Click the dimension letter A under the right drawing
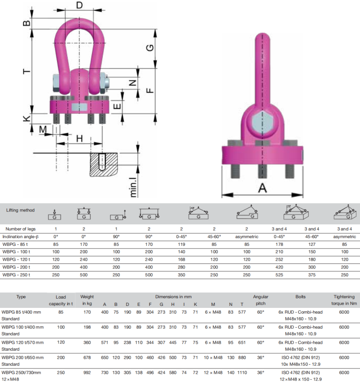(263, 188)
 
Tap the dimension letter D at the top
(80, 5)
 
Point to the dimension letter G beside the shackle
(150, 48)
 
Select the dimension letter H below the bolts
(80, 138)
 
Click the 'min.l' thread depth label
(133, 187)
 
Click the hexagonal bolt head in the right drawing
(262, 122)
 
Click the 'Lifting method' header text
(20, 210)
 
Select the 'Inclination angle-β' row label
(21, 236)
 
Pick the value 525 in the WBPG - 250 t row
(279, 275)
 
